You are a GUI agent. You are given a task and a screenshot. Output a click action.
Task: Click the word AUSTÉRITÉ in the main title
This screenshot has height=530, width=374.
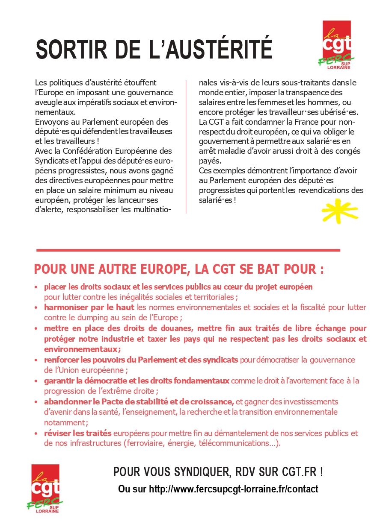click(219, 50)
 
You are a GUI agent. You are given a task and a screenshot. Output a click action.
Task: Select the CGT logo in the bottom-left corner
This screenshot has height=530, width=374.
click(45, 488)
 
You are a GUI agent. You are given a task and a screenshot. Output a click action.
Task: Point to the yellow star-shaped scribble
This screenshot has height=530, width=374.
click(339, 211)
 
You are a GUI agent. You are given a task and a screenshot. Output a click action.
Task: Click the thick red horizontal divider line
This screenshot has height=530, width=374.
click(188, 250)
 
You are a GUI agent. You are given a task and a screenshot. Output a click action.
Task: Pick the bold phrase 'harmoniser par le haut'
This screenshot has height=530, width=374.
click(89, 307)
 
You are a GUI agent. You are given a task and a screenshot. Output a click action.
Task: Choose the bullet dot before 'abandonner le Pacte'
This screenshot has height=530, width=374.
click(36, 402)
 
